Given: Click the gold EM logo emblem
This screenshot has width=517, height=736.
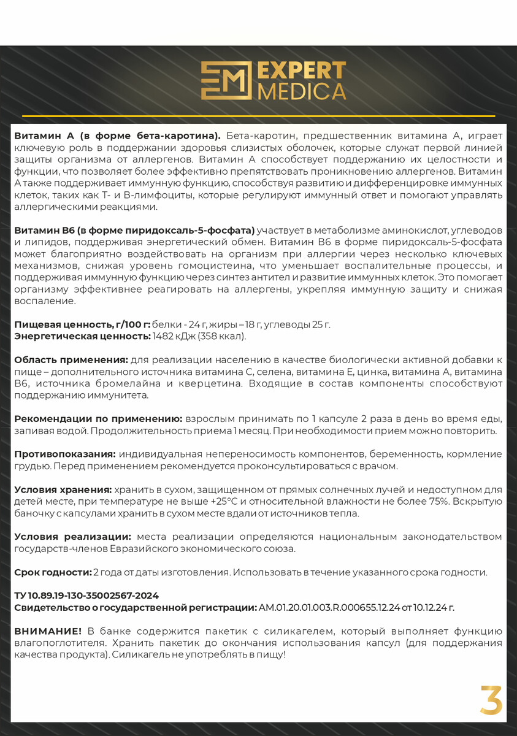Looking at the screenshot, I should point(226,80).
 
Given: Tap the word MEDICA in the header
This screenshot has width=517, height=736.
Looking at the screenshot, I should point(302,91).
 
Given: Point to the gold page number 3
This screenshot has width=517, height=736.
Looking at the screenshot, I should point(491,700).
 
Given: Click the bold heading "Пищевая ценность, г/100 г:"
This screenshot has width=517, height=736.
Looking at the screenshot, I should point(82,324).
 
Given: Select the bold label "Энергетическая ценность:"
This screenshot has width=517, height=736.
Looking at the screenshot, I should point(82,336).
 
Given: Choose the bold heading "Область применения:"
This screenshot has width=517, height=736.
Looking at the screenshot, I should point(71,360).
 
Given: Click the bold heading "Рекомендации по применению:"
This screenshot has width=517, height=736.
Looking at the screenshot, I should point(98,418).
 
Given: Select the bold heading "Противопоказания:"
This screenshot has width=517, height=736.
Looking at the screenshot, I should point(65,454).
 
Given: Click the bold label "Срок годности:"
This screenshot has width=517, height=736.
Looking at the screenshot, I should point(52,572).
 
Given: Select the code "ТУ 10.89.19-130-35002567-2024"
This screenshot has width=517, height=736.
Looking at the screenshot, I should point(86,596).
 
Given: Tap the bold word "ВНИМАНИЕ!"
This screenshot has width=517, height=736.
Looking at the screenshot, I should point(48,631).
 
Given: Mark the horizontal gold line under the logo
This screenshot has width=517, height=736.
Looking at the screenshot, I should point(258,115).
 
